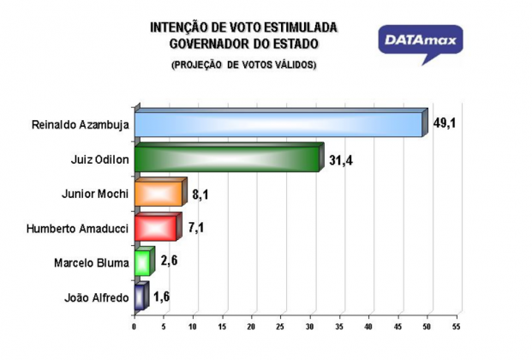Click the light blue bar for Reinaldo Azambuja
tap(281, 123)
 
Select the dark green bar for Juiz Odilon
tap(230, 158)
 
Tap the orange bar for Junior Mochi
tap(161, 192)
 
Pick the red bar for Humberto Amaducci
tap(158, 227)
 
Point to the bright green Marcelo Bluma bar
tap(145, 261)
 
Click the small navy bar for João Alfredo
tap(141, 297)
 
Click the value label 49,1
tap(445, 123)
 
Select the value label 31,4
tap(341, 160)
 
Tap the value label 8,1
tap(200, 195)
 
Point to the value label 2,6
tap(169, 261)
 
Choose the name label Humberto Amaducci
tap(78, 229)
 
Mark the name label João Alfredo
tap(97, 297)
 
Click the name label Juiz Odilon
tap(99, 159)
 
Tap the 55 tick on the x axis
tap(457, 327)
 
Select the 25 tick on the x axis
tap(281, 327)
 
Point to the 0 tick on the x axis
tap(134, 327)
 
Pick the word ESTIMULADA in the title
tap(301, 27)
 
